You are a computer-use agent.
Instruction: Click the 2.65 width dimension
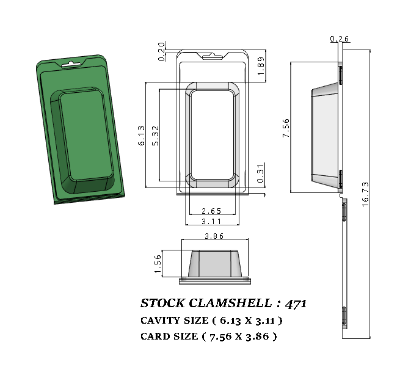pos(212,211)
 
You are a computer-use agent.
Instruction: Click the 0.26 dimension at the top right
pos(339,39)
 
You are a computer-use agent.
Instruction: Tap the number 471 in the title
pos(295,304)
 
